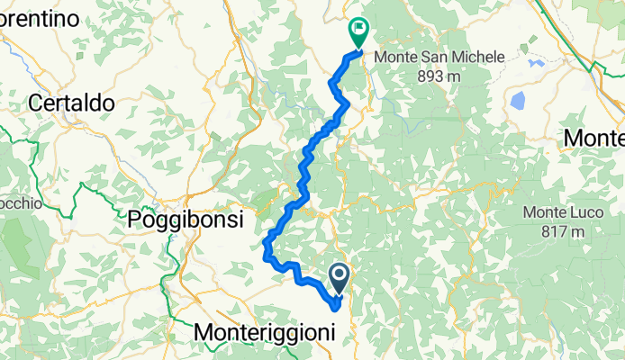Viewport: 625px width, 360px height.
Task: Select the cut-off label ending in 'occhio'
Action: (20, 203)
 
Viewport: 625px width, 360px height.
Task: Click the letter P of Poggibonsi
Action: (135, 219)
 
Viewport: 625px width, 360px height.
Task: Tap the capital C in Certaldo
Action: (36, 103)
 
